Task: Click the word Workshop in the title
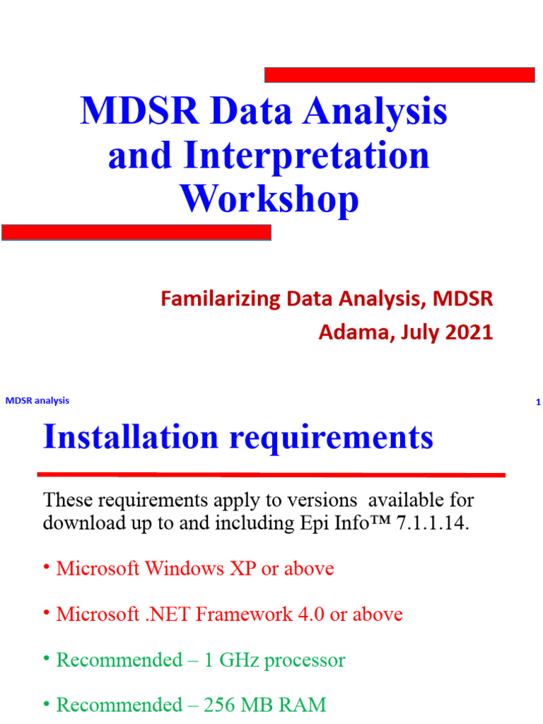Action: click(269, 199)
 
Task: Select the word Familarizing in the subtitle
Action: click(221, 299)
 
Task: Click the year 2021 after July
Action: click(469, 332)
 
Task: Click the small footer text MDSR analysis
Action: click(37, 401)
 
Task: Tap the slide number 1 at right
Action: click(538, 403)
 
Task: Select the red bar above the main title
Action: click(399, 75)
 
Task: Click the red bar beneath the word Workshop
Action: click(136, 233)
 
